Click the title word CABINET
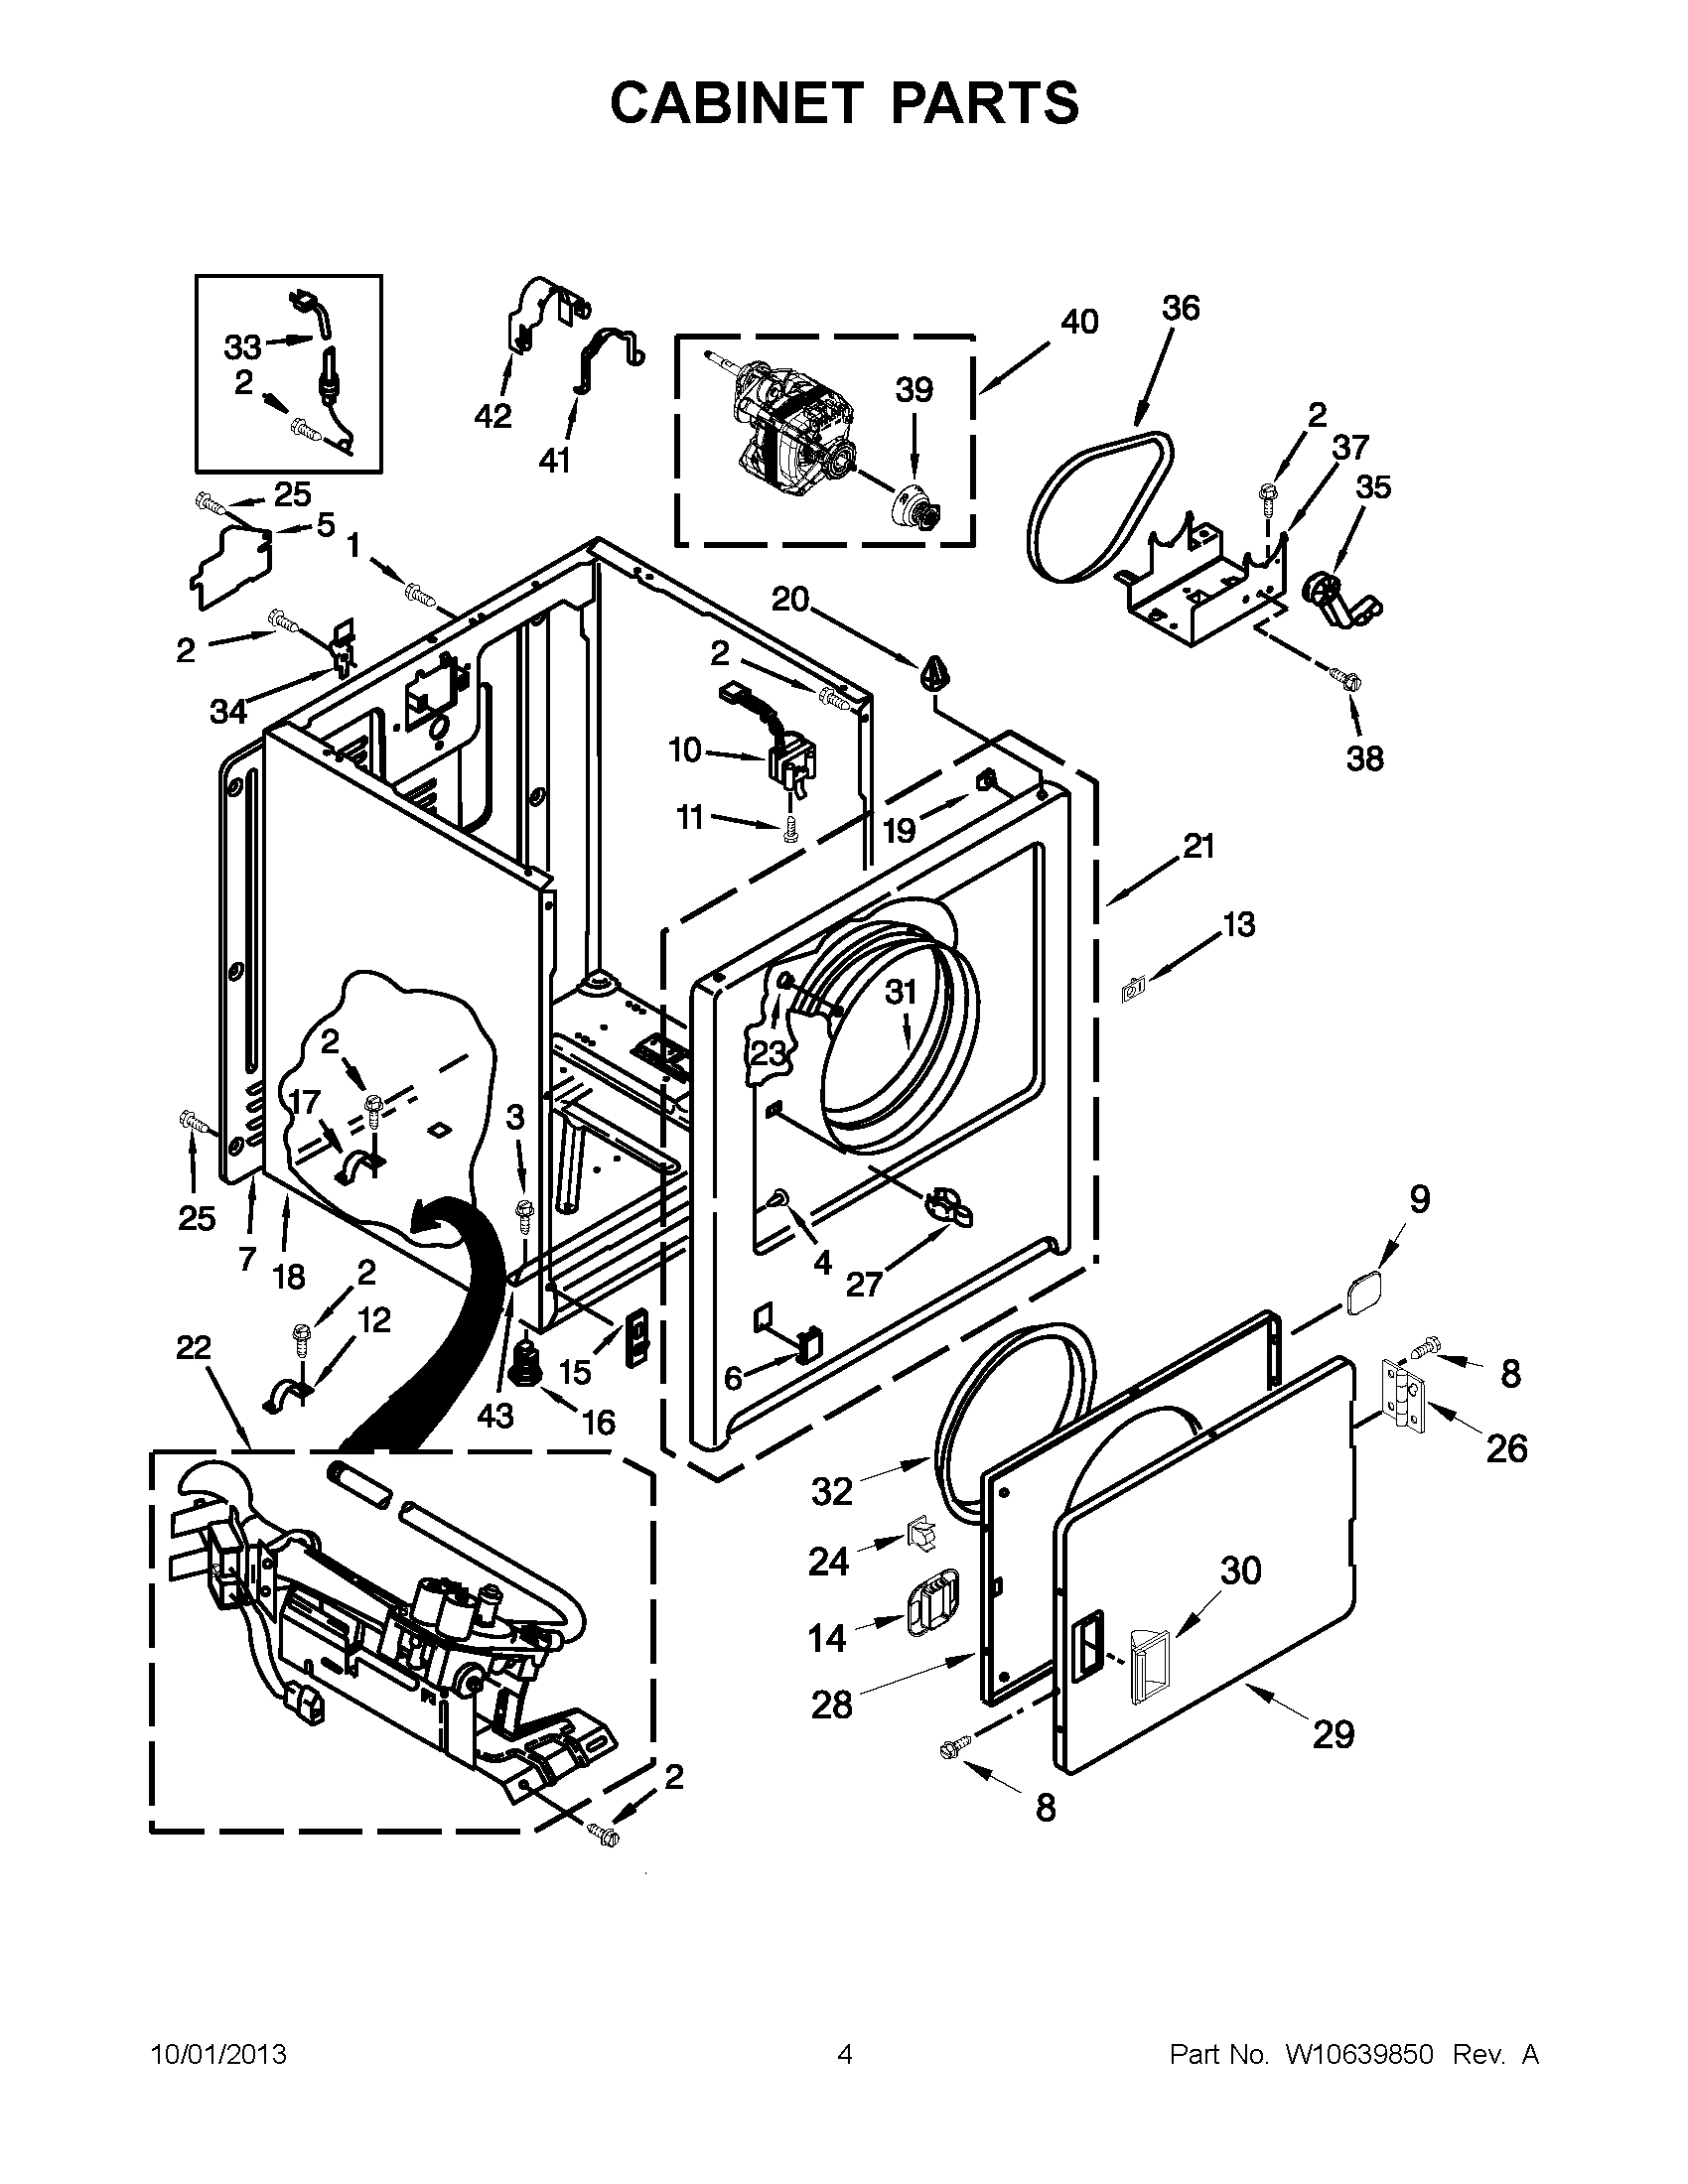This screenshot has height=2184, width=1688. click(x=735, y=102)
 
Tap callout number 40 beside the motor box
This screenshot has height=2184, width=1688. click(x=1078, y=322)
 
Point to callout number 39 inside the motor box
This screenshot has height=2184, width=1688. click(x=913, y=389)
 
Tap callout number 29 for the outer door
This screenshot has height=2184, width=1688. click(x=1333, y=1733)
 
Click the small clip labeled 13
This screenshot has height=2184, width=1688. click(x=1134, y=990)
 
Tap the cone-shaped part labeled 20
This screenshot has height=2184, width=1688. click(x=935, y=673)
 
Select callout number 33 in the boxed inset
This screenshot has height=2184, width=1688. click(x=241, y=347)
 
